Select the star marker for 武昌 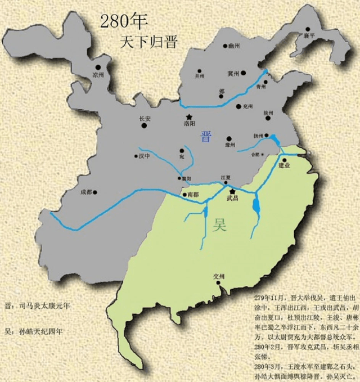231,191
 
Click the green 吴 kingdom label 219,226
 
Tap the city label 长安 145,119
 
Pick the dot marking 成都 95,192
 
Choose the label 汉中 145,156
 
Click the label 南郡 192,195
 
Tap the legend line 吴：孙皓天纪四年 34,331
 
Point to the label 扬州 259,136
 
